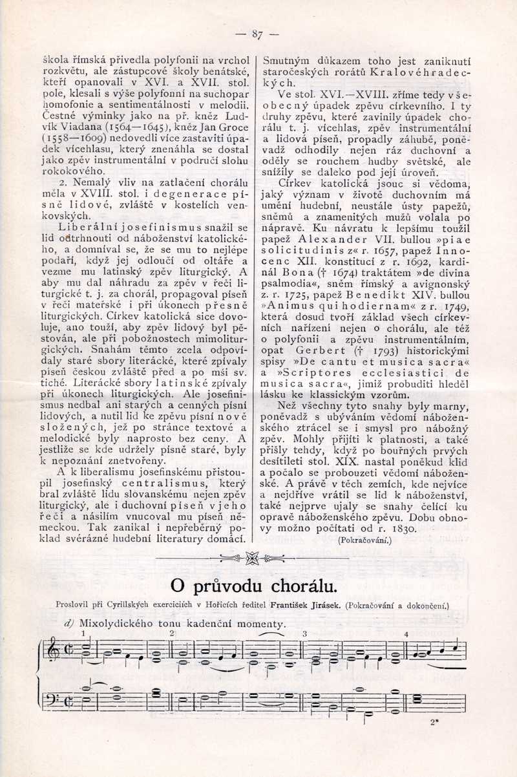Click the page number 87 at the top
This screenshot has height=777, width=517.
point(257,34)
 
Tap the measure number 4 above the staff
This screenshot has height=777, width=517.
point(406,633)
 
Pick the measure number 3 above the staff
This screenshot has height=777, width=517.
point(304,633)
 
